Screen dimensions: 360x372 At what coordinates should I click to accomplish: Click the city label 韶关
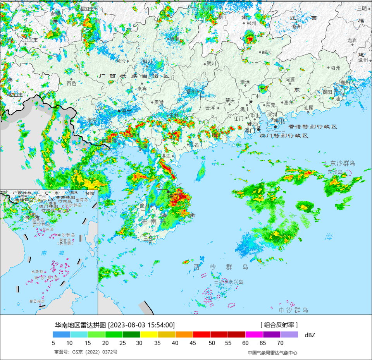[x=267, y=52]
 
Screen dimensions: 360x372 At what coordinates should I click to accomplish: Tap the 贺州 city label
[x=211, y=63]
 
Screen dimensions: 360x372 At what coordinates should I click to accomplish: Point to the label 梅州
[x=335, y=68]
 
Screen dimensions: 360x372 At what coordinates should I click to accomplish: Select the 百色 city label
[x=71, y=83]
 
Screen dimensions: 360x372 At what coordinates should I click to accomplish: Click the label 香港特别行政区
[x=313, y=127]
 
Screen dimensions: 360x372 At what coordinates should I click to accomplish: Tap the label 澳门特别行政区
[x=284, y=136]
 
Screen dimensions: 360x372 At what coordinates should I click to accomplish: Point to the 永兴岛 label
[x=236, y=282]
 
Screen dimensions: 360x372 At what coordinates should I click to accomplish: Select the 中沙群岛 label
[x=293, y=310]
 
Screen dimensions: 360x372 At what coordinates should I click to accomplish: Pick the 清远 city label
[x=245, y=82]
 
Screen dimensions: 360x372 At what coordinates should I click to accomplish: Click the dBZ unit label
[x=310, y=335]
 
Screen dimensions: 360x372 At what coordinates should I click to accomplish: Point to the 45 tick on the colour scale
[x=193, y=343]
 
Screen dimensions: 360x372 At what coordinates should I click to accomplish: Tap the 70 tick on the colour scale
[x=280, y=343]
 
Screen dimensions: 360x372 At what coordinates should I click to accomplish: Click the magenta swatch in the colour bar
[x=254, y=334]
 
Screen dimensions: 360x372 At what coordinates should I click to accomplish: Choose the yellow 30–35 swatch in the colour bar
[x=149, y=334]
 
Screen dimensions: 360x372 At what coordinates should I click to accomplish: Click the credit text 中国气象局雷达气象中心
[x=272, y=352]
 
